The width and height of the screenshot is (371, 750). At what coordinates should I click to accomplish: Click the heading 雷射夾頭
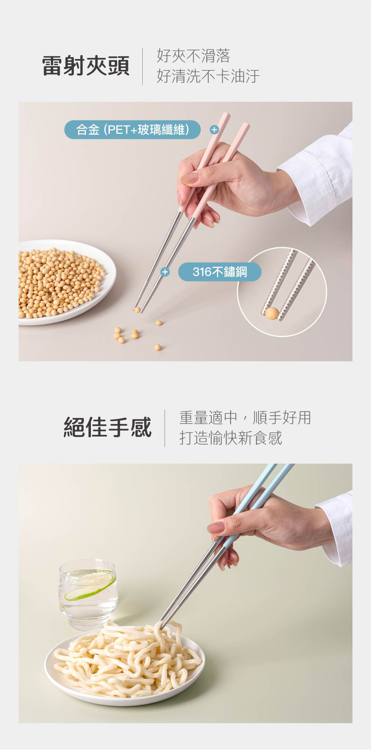(x=86, y=66)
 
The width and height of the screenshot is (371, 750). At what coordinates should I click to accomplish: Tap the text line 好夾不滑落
(x=193, y=56)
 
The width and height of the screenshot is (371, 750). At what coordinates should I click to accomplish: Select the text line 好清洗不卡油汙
(x=208, y=76)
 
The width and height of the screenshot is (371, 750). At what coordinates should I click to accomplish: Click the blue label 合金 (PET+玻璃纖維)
(x=132, y=130)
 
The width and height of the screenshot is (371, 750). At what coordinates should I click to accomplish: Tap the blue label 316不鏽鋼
(x=220, y=272)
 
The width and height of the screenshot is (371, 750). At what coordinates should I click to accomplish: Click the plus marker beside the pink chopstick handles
(x=214, y=130)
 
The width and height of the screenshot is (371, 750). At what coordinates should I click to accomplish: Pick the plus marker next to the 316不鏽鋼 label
(x=165, y=272)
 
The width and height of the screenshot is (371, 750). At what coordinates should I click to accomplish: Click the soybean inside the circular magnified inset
(x=272, y=313)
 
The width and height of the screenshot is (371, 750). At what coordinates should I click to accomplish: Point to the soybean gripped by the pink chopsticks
(x=137, y=310)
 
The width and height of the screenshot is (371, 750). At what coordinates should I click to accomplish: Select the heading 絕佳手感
(x=108, y=427)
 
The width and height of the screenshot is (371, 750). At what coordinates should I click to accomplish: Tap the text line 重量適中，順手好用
(x=245, y=418)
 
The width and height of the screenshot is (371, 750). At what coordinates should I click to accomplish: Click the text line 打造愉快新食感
(x=231, y=438)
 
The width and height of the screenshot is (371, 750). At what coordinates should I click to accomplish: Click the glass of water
(x=88, y=594)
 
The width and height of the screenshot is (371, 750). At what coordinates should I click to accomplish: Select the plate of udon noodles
(x=125, y=663)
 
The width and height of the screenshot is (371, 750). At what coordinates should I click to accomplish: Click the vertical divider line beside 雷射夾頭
(x=143, y=66)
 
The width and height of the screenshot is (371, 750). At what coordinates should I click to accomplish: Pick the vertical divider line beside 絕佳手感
(x=165, y=428)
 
